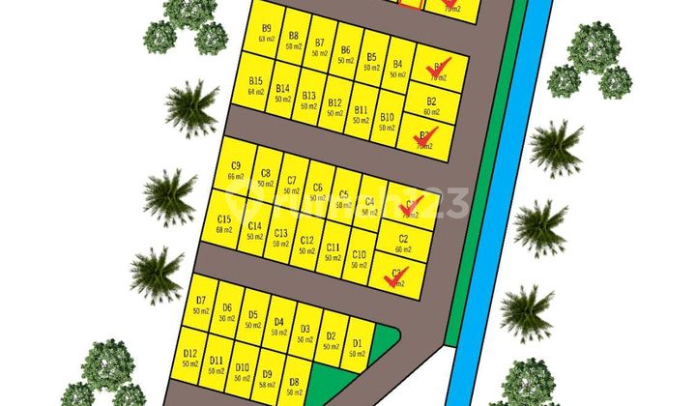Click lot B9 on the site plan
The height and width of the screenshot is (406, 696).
266,33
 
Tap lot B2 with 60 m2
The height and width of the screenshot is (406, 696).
431,105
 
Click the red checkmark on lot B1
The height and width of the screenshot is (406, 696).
438,69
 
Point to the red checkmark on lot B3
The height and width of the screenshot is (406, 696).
426,135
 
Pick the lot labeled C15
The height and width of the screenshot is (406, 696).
224,224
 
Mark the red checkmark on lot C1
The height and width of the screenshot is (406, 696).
410,205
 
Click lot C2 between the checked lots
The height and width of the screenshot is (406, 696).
403,243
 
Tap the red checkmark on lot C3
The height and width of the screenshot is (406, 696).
395,276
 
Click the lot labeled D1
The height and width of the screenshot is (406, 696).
357,347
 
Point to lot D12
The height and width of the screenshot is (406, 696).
190,359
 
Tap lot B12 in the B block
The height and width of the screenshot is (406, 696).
335,107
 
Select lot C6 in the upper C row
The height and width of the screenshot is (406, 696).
317,190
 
